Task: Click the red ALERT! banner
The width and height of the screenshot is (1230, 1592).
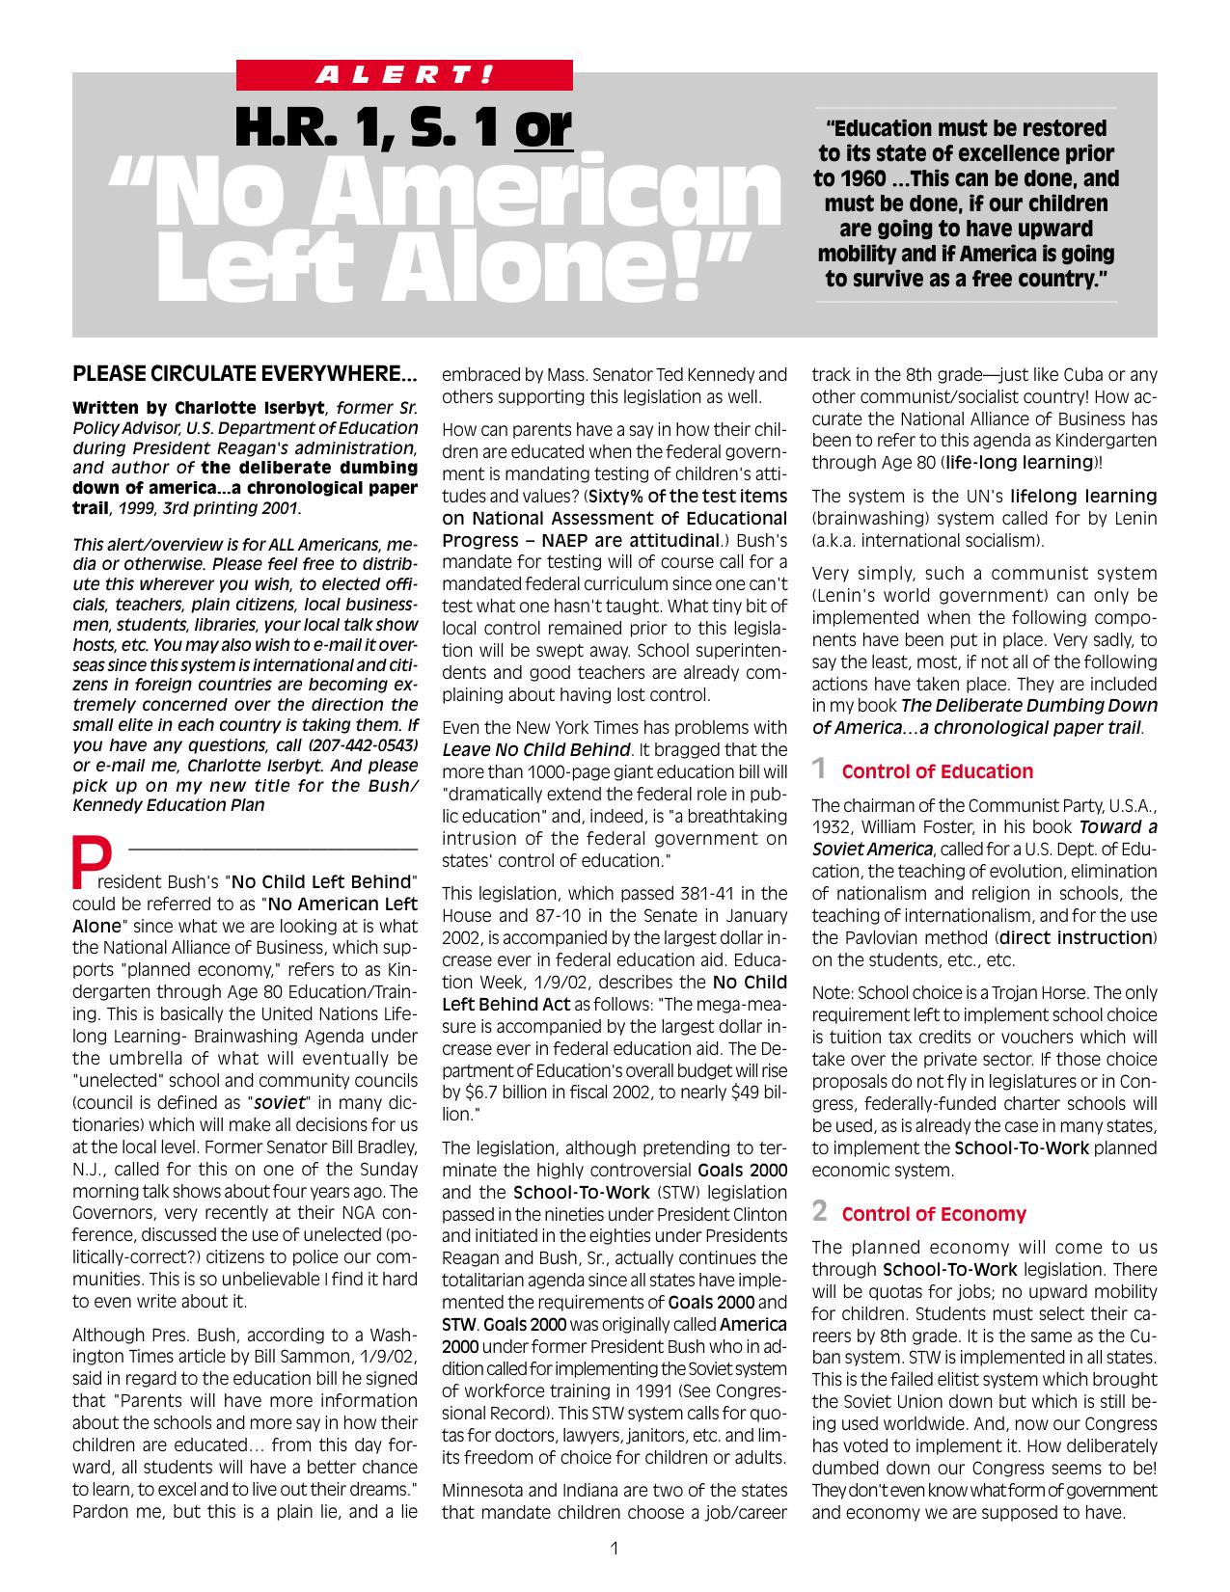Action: click(404, 74)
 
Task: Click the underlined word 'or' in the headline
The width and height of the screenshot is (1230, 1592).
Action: click(544, 129)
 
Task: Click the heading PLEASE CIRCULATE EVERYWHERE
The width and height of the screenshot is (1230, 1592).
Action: click(245, 373)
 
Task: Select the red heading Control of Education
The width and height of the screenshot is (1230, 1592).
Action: click(937, 771)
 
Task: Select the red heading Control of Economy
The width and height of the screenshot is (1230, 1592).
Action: click(933, 1214)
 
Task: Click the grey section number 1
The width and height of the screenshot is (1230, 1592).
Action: click(819, 769)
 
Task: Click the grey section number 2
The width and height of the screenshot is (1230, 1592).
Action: click(819, 1211)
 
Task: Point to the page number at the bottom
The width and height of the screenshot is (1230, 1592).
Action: click(615, 1549)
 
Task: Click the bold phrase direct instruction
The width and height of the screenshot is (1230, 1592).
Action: click(1076, 937)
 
